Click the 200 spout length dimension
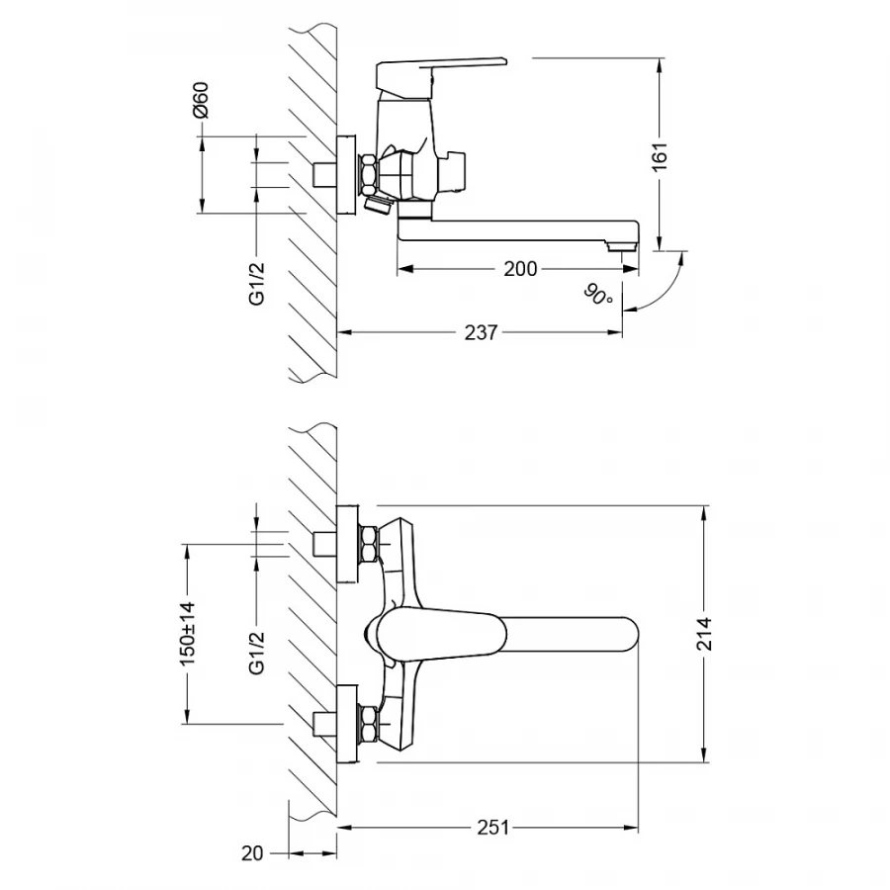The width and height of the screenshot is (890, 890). [x=520, y=269]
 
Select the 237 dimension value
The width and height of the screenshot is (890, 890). [x=481, y=332]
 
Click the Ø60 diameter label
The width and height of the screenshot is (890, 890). [x=201, y=102]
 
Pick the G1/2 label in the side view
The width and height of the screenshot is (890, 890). [x=256, y=283]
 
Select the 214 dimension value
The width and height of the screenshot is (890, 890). [x=703, y=633]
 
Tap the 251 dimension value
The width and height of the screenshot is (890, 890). [x=491, y=828]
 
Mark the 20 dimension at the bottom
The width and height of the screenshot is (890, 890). [x=252, y=852]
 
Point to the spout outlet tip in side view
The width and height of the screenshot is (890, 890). [x=624, y=247]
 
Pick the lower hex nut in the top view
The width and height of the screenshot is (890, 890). [x=367, y=725]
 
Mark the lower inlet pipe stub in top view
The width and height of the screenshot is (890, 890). [x=323, y=725]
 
